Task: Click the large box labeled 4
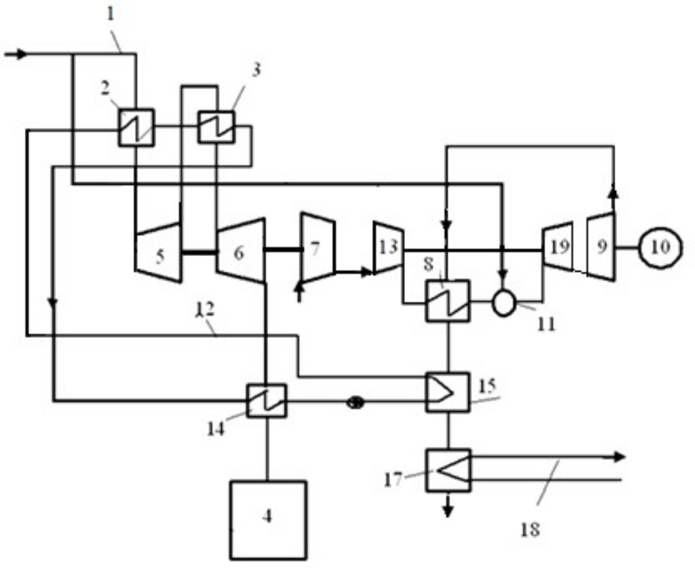(267, 519)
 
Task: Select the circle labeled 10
(661, 246)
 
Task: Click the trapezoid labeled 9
(601, 246)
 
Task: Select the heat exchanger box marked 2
(136, 127)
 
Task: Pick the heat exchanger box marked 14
(266, 400)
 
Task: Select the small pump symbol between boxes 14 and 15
(355, 403)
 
